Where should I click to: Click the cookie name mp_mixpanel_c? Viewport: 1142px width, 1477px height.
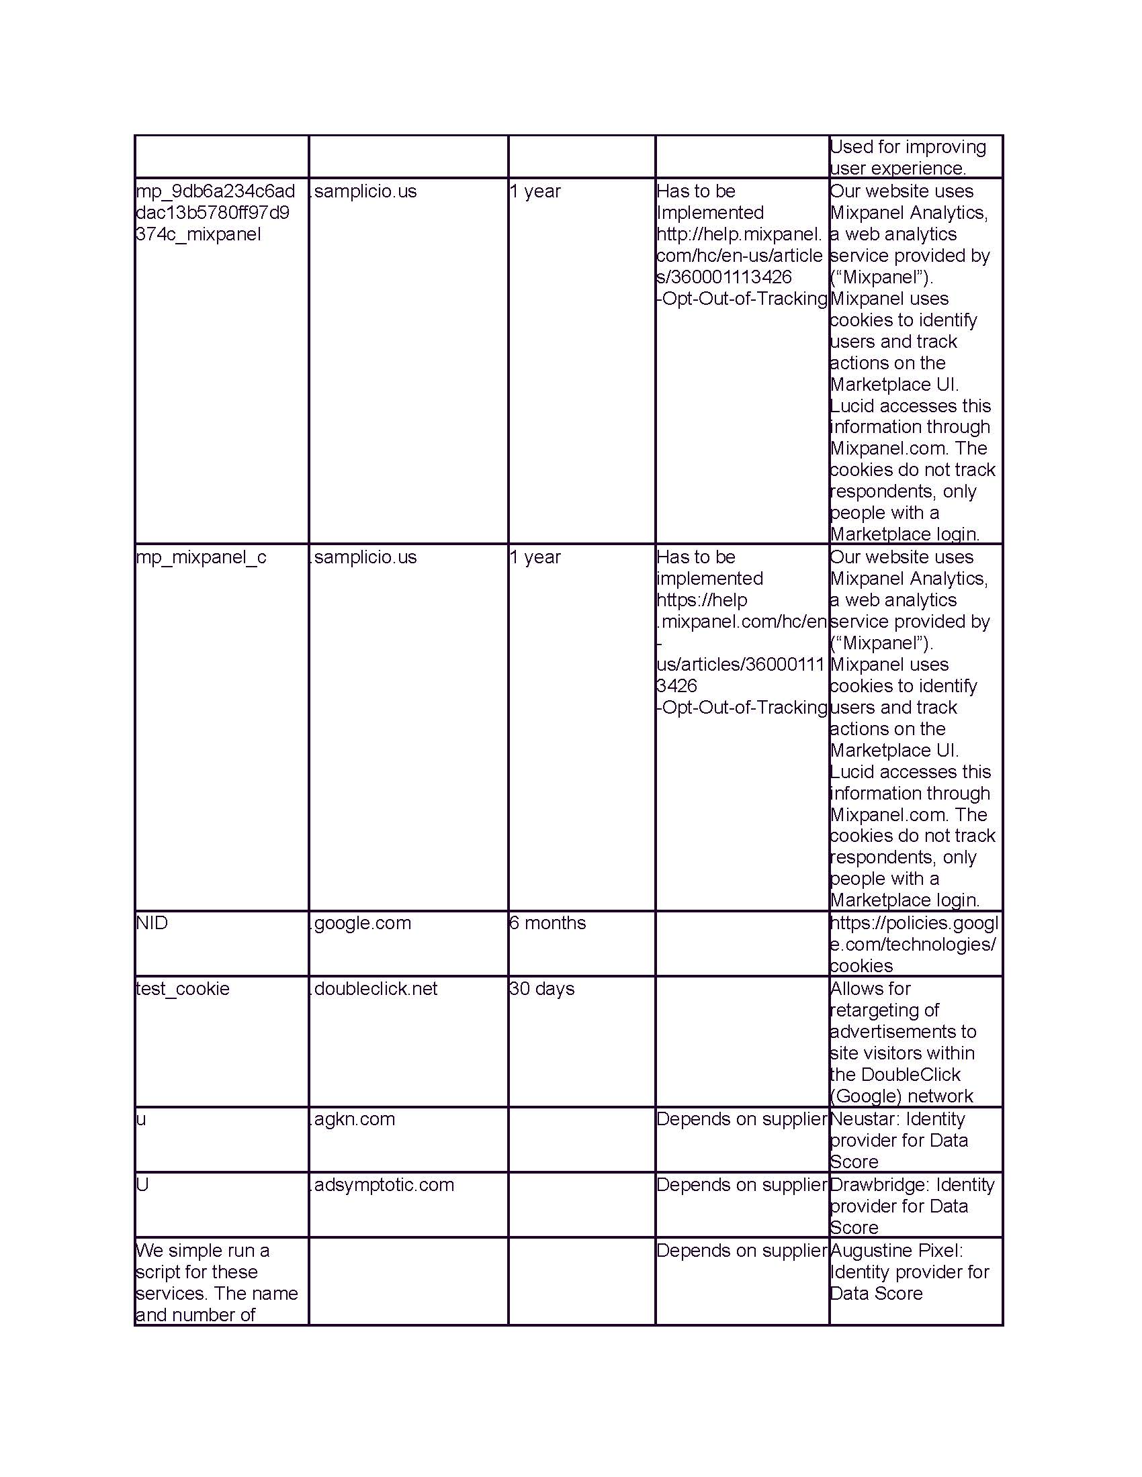pos(201,557)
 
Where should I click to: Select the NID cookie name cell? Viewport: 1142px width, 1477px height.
pos(152,923)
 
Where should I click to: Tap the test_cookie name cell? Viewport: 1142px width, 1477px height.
pos(183,989)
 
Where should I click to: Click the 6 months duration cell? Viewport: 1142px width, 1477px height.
pos(547,923)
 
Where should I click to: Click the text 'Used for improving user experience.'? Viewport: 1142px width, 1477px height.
pos(908,157)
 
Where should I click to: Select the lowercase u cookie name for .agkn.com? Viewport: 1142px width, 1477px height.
pos(140,1119)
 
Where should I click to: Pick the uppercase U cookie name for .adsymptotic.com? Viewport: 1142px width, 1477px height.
pos(142,1185)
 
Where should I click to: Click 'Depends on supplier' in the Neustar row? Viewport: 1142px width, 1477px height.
pos(742,1119)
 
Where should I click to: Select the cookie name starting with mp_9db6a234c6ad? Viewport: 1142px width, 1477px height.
pos(215,212)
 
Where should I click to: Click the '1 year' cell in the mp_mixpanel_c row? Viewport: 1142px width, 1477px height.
pos(535,557)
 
